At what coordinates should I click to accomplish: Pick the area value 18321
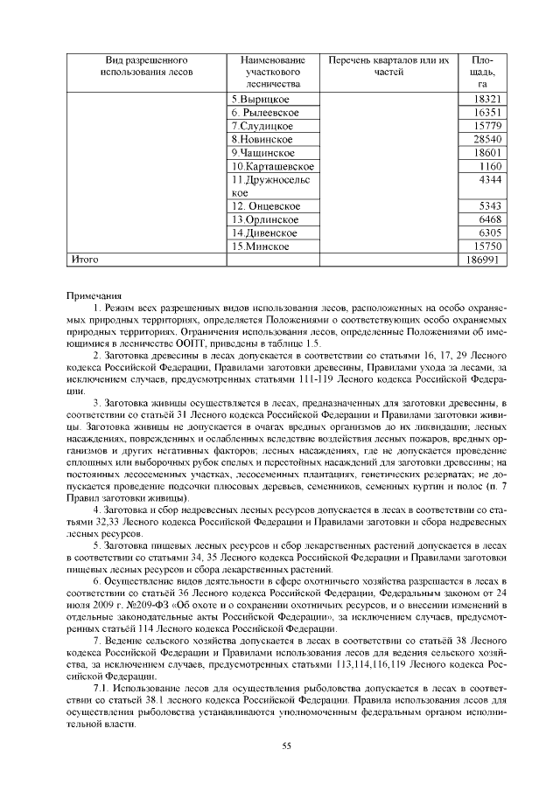(x=486, y=100)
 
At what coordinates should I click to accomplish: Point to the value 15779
(x=486, y=126)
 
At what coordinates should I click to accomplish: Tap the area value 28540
(x=486, y=139)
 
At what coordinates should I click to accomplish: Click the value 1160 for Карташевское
(x=490, y=165)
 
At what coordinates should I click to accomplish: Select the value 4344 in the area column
(x=490, y=179)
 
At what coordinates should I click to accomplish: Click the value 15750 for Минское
(x=486, y=246)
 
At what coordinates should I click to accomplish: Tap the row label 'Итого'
(x=83, y=260)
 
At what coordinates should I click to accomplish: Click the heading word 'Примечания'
(x=94, y=295)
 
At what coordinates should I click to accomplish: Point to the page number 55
(x=284, y=744)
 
